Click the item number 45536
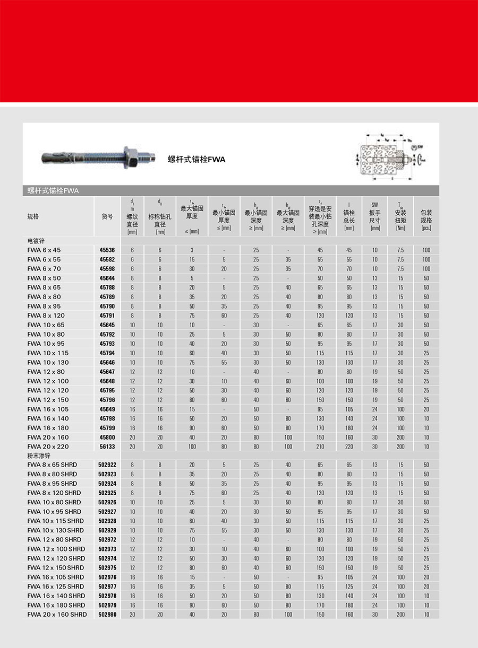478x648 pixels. point(107,250)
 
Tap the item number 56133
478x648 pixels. point(107,446)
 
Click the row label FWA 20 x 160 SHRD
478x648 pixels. point(57,615)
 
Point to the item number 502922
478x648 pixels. point(107,465)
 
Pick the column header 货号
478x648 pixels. point(107,216)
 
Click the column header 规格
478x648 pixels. point(33,216)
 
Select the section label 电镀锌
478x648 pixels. point(36,240)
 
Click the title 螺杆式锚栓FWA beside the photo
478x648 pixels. point(197,159)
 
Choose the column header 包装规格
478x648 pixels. point(426,216)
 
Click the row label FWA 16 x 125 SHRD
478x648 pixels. point(55,586)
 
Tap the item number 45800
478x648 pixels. point(107,437)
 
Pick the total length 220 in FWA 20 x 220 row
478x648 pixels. point(349,446)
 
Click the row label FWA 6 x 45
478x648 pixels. point(44,250)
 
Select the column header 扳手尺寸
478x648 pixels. point(375,216)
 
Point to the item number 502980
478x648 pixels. point(107,615)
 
